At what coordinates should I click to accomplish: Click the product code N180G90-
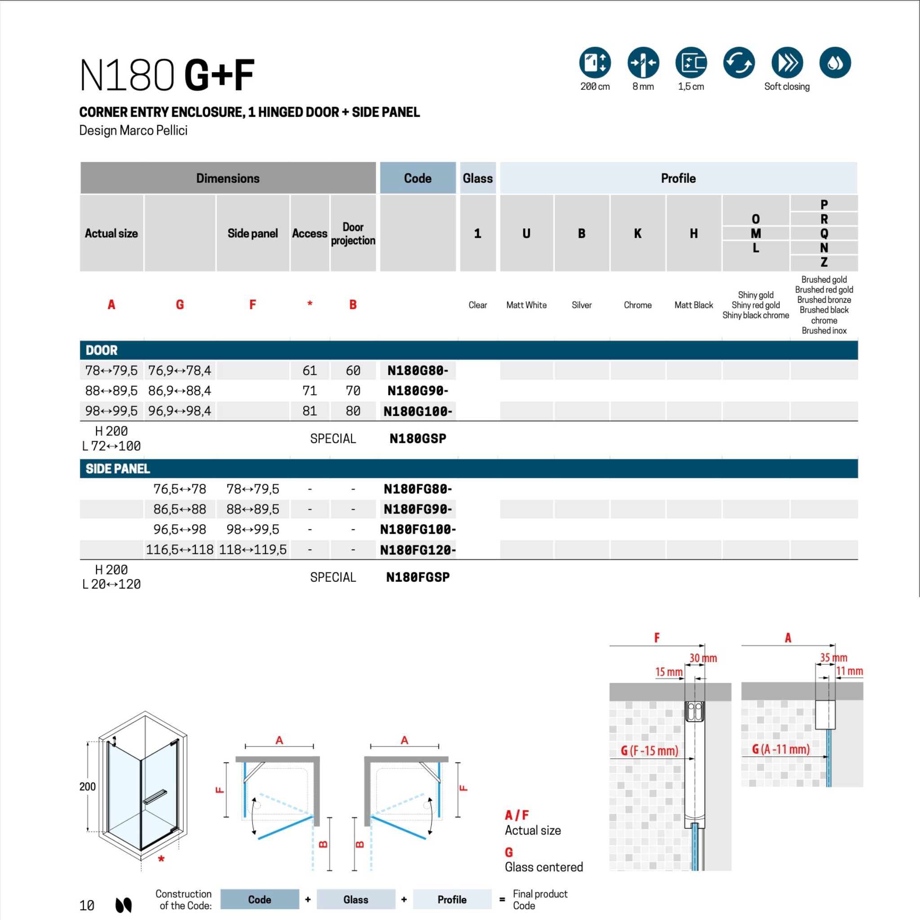(x=418, y=391)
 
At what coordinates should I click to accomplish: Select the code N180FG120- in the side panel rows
(x=418, y=550)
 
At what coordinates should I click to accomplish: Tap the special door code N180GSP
(x=418, y=438)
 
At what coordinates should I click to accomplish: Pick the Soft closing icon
(x=787, y=62)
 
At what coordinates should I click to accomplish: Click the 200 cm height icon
(x=595, y=62)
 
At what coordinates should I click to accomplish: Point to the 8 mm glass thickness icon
(x=643, y=62)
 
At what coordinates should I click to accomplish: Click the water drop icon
(x=835, y=62)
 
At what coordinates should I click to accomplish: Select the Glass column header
(x=478, y=178)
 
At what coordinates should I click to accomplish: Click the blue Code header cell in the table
(x=418, y=178)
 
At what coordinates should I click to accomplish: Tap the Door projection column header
(x=353, y=233)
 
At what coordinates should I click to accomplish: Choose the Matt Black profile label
(x=693, y=305)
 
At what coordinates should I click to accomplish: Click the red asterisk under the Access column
(x=310, y=304)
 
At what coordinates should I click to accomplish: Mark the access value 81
(x=310, y=411)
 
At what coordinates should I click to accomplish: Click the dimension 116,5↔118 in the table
(x=180, y=549)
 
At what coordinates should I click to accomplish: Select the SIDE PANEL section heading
(x=118, y=469)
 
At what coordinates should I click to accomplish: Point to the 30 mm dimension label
(x=703, y=658)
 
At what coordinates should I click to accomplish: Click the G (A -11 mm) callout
(x=780, y=749)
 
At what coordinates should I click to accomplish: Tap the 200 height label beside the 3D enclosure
(x=88, y=787)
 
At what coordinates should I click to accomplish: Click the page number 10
(x=87, y=905)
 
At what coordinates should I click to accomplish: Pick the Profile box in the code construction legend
(x=452, y=899)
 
